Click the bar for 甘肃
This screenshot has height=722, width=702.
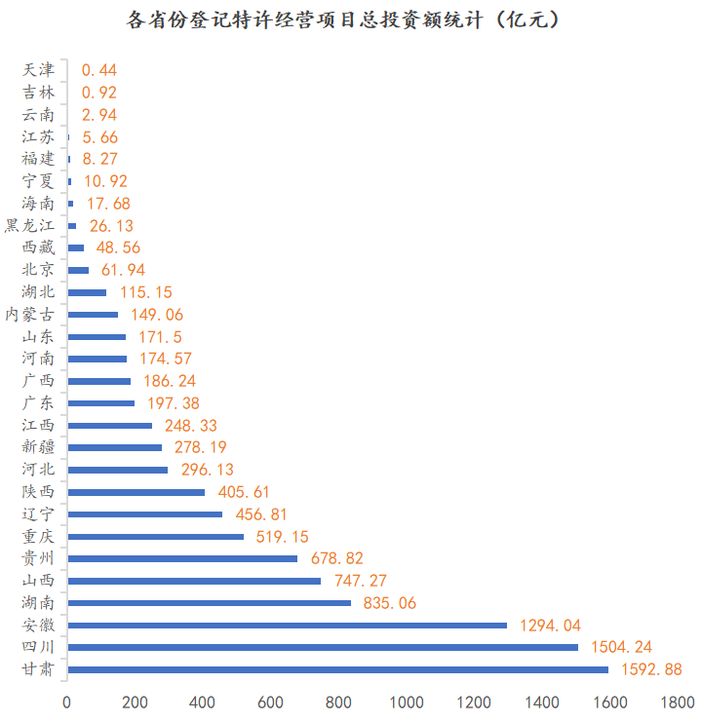point(337,669)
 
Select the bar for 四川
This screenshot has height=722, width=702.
point(323,647)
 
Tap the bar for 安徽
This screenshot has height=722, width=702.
point(287,625)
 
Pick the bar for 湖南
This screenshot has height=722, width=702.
point(209,603)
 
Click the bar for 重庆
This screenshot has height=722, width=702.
point(155,536)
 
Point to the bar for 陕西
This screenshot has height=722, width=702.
point(136,492)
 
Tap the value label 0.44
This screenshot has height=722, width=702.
point(99,70)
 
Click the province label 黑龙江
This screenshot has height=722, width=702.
point(30,226)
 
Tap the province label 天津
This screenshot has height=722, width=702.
point(39,70)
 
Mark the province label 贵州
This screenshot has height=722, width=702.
point(39,558)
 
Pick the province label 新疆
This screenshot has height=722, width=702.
point(39,447)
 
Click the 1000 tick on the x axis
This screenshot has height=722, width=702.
point(407,703)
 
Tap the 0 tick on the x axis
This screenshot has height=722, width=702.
point(67,703)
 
